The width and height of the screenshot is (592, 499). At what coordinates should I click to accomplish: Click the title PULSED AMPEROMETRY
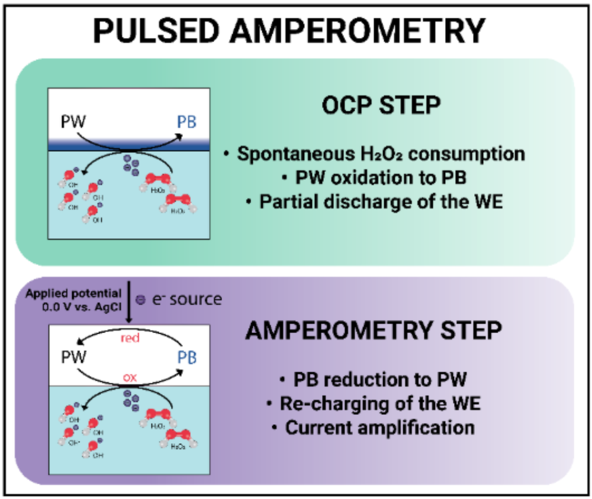pyautogui.click(x=294, y=31)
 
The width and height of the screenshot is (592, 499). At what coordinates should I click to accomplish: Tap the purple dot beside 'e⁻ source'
pyautogui.click(x=140, y=300)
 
